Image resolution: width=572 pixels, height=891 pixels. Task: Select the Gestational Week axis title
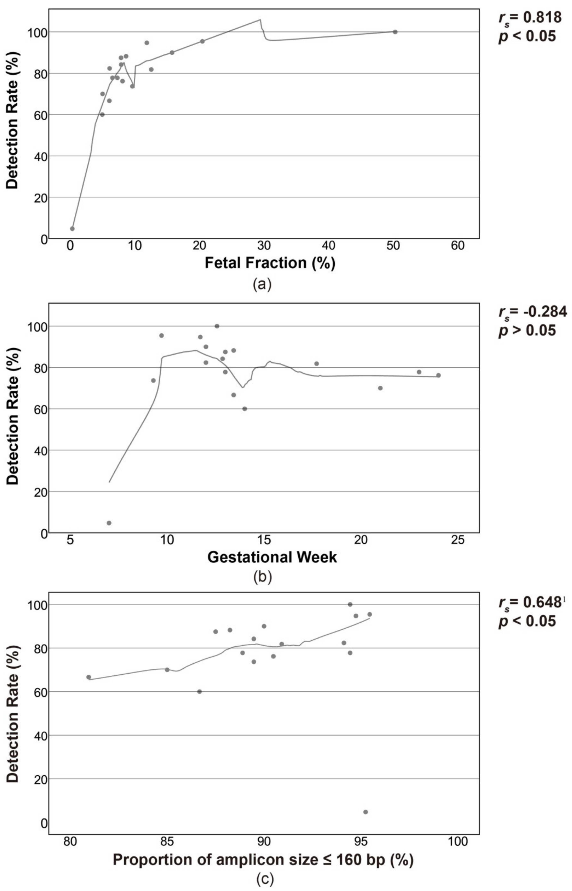click(272, 557)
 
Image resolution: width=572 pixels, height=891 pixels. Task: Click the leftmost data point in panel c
click(88, 677)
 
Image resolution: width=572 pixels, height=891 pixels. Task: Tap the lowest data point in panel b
click(109, 523)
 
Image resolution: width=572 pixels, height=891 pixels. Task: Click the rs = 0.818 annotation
click(530, 17)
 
